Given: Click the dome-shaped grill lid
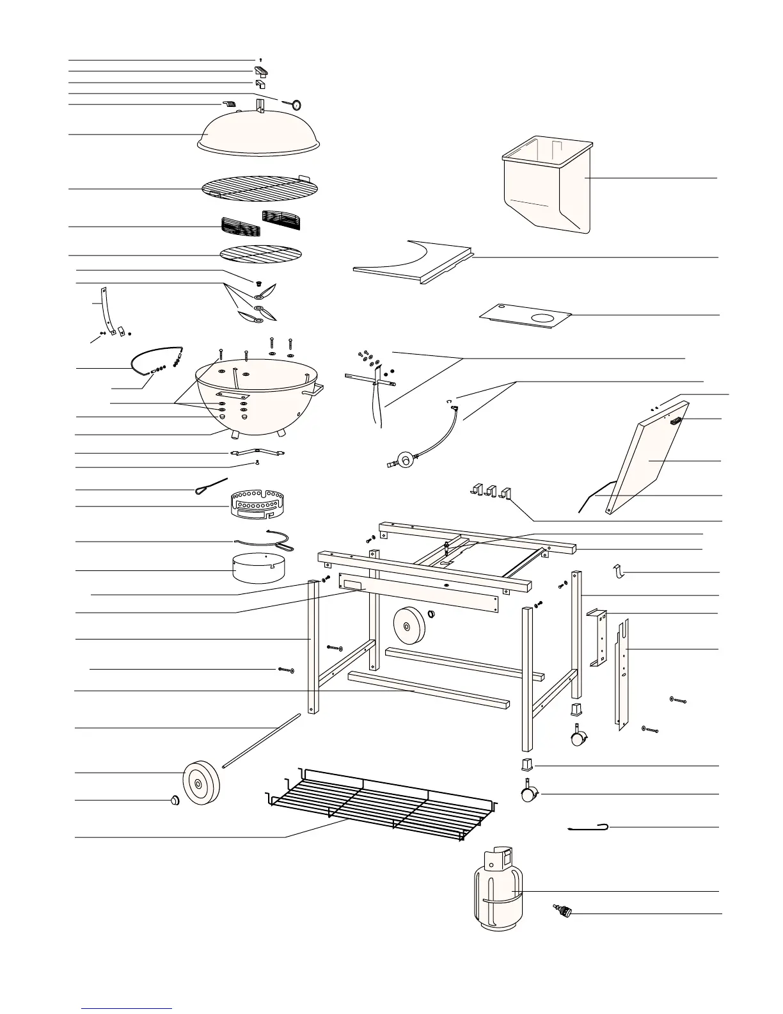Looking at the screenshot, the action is [x=259, y=133].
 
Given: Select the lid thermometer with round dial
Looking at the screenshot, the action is [x=297, y=104].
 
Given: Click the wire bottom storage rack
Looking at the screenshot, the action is [x=381, y=805].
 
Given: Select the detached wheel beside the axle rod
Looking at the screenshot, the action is [x=201, y=782].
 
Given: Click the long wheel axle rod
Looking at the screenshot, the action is [x=262, y=739].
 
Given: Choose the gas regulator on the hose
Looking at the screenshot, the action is [x=404, y=460].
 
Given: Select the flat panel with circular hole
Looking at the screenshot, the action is [x=525, y=315].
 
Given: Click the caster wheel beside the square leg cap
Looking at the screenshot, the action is [x=528, y=794].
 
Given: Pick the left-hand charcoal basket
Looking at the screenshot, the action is [x=240, y=227].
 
